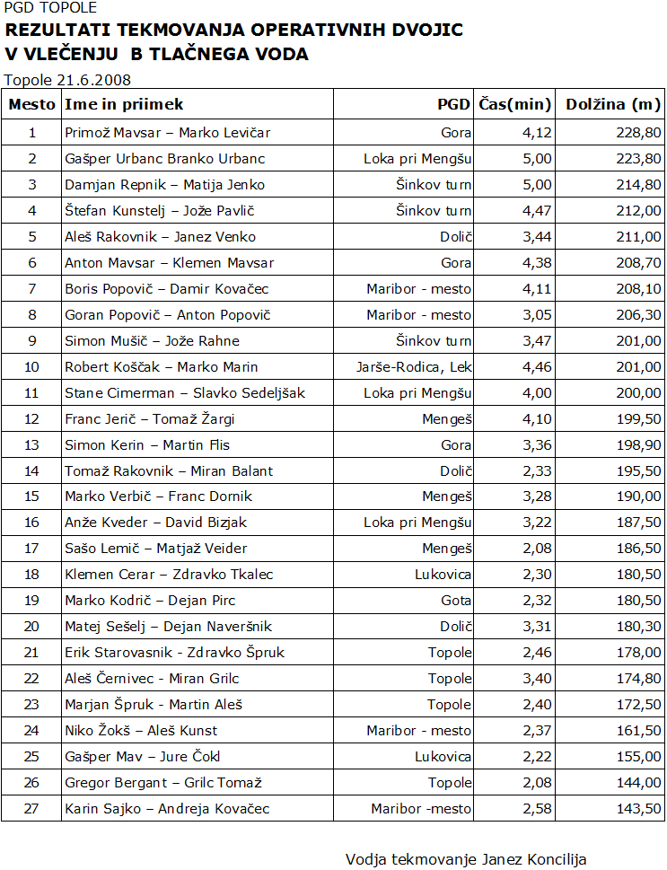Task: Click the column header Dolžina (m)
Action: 613,104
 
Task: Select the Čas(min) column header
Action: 514,104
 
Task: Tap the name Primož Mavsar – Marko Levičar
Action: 168,133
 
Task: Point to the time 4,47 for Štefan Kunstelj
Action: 537,211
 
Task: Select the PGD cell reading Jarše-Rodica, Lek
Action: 414,366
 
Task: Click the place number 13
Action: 32,444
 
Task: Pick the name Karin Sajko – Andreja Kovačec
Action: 167,809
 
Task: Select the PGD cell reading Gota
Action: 455,601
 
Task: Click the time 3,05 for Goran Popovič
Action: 537,315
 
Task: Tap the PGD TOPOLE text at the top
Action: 50,8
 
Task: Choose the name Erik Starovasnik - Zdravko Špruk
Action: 175,653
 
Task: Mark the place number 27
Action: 32,809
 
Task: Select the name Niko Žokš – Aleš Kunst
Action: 141,731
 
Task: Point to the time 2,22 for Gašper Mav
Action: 537,757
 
